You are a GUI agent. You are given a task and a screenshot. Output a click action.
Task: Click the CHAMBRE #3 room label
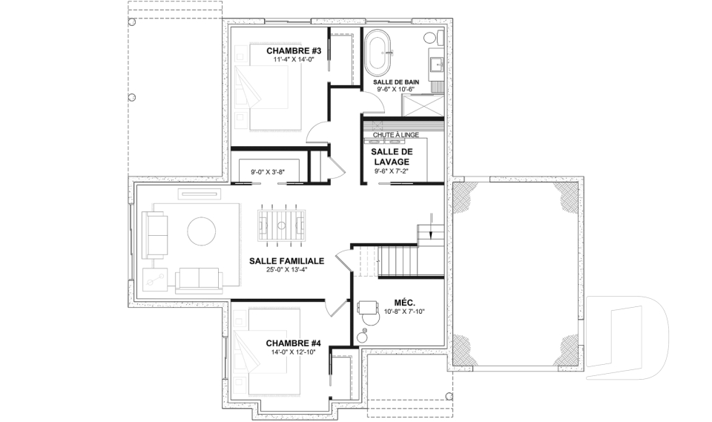click(294, 50)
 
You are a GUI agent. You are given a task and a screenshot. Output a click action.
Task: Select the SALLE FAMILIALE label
click(286, 261)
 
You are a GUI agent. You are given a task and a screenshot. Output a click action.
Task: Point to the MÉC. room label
click(405, 303)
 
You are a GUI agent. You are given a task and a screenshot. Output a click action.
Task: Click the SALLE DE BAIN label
click(396, 82)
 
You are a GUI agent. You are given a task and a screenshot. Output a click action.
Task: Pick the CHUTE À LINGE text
click(396, 135)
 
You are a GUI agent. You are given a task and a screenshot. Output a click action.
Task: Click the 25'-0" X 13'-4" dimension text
click(287, 269)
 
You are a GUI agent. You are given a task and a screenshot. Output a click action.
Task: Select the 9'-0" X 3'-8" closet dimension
click(268, 172)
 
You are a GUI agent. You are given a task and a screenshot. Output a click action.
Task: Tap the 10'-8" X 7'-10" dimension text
click(404, 311)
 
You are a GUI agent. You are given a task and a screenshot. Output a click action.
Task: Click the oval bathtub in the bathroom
click(378, 53)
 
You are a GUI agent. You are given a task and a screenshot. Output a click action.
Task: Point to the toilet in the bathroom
click(434, 38)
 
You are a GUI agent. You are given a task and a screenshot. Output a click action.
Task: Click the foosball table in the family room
click(282, 225)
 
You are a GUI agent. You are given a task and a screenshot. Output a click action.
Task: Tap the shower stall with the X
click(423, 105)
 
